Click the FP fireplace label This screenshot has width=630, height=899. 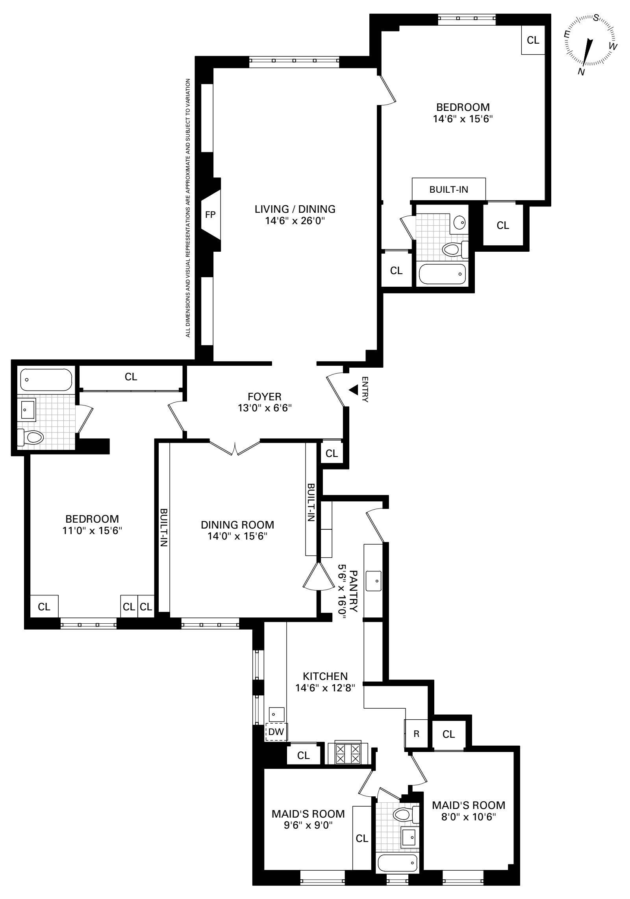point(211,215)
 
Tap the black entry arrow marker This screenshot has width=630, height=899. point(354,390)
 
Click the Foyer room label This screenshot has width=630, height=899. point(264,396)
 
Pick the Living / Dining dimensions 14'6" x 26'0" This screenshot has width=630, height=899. point(295,221)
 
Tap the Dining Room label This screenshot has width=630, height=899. point(237,525)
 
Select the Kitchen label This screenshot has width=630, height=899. point(325,676)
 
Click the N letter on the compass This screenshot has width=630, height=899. point(581,72)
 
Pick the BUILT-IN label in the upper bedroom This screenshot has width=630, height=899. point(448,189)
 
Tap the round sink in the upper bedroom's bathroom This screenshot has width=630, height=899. point(459,223)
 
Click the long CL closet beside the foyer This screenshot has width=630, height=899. point(131,377)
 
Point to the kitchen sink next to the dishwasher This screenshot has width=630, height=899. point(276,712)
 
